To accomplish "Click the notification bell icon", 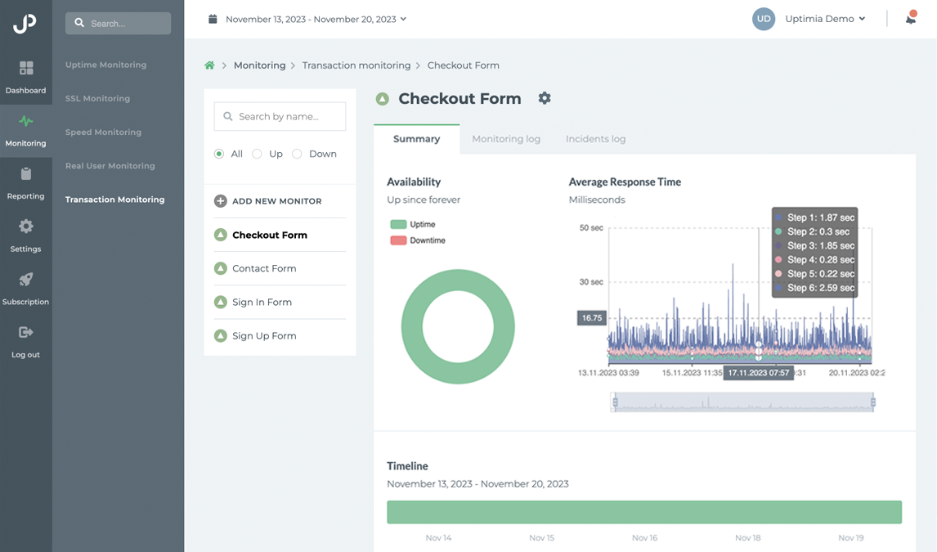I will [910, 19].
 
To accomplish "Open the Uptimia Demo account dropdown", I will [824, 19].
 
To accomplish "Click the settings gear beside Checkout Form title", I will [545, 98].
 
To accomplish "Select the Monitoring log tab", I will [506, 139].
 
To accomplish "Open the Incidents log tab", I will [595, 139].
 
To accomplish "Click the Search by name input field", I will [280, 117].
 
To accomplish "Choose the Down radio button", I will [297, 154].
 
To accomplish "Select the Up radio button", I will [257, 154].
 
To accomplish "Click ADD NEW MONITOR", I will [268, 201].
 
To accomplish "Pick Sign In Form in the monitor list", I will [262, 303].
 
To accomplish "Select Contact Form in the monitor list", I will [264, 268].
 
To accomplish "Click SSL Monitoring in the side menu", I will [97, 98].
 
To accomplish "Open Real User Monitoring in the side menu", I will [110, 166].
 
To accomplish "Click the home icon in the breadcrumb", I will [210, 65].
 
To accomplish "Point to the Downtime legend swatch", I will [398, 240].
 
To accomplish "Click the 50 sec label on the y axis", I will [590, 227].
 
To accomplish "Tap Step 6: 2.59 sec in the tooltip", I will [820, 288].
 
